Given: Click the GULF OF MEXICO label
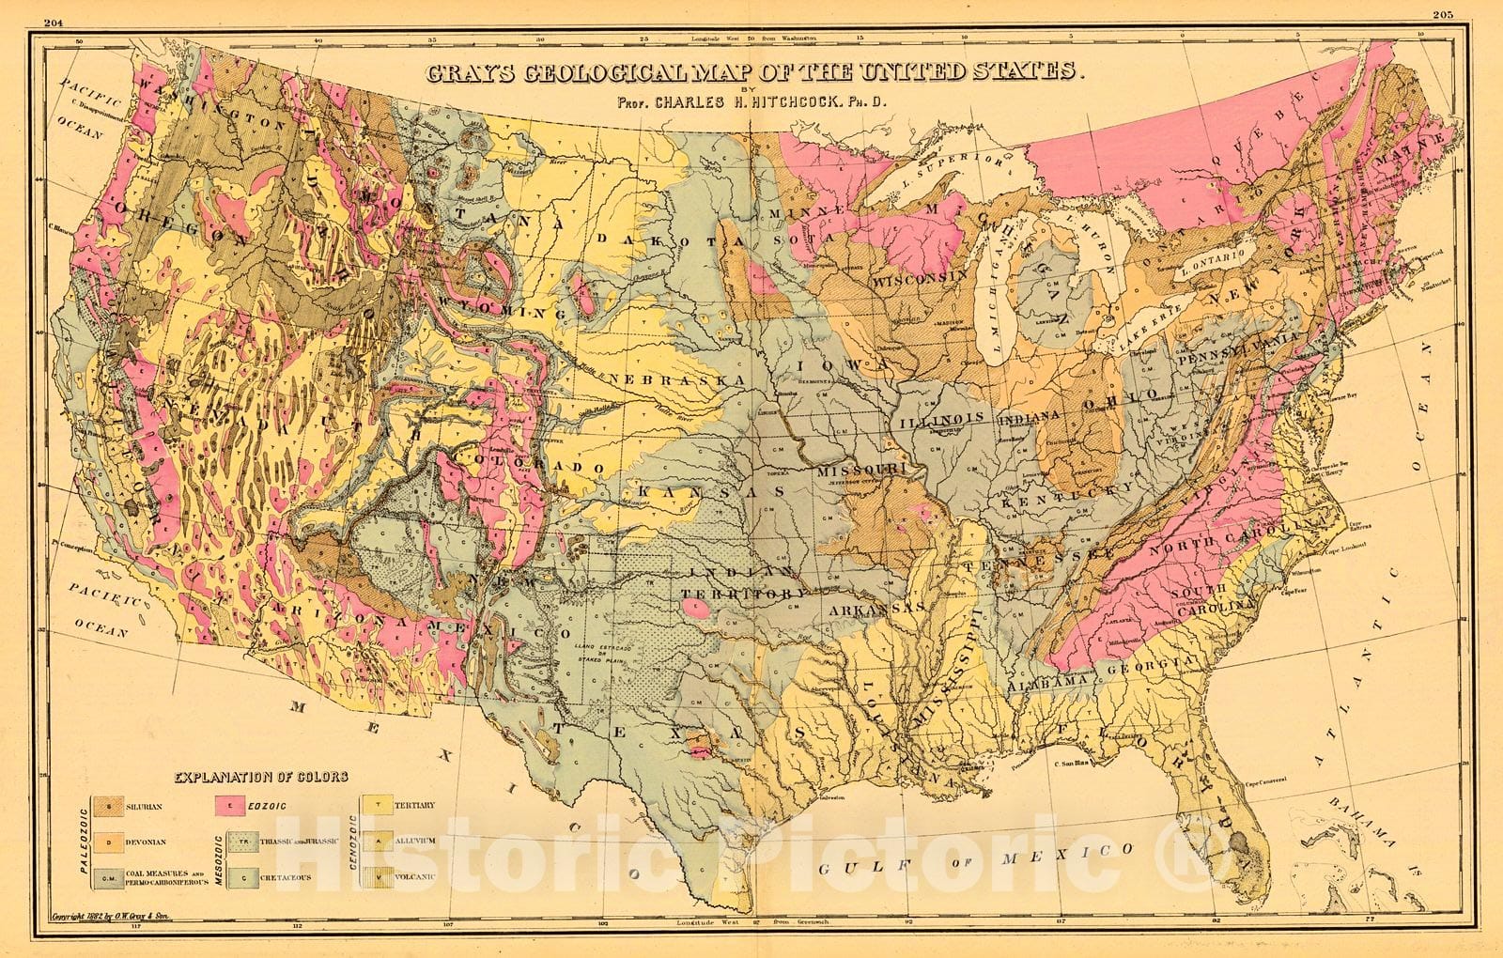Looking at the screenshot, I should click(972, 857).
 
